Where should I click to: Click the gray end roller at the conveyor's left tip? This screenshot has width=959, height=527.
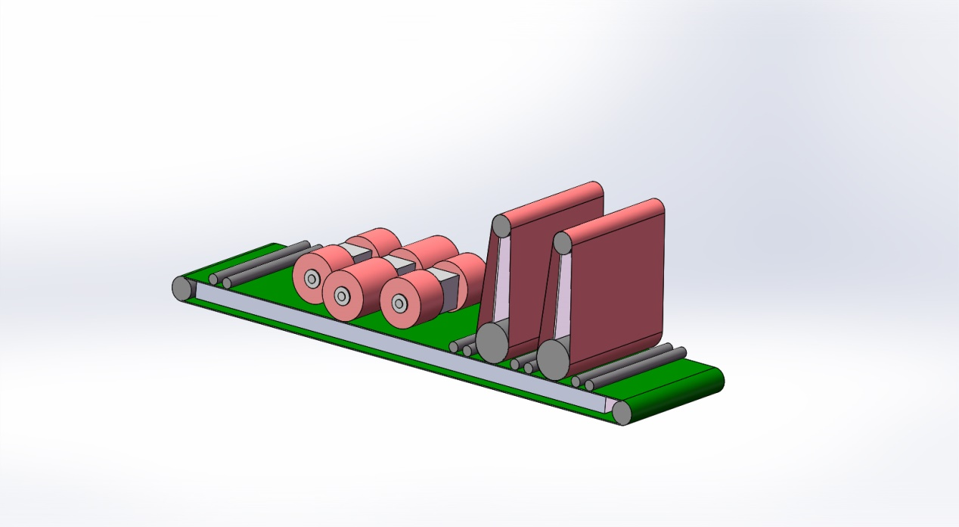pyautogui.click(x=182, y=288)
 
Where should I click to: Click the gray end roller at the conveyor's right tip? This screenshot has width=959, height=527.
pyautogui.click(x=622, y=412)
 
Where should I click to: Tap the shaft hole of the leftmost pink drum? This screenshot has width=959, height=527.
pyautogui.click(x=311, y=279)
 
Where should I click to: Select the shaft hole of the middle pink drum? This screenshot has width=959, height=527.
pyautogui.click(x=341, y=295)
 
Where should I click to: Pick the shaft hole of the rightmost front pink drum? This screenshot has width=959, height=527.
pyautogui.click(x=399, y=304)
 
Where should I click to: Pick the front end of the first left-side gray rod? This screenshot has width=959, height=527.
pyautogui.click(x=214, y=279)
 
